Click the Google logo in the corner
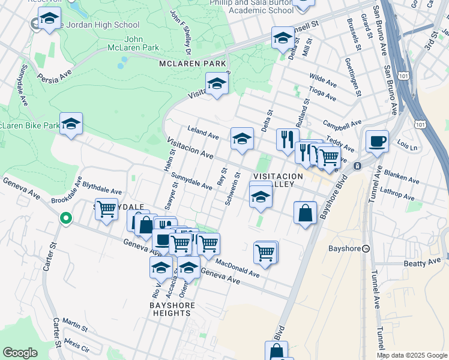(x=20, y=353)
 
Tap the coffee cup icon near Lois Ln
(x=376, y=142)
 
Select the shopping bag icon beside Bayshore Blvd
(x=306, y=212)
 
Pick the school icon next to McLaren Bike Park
(x=71, y=124)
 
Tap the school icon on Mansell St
(x=282, y=38)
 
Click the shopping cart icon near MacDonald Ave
(x=265, y=253)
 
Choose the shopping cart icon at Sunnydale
(x=106, y=209)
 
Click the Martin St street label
(x=74, y=325)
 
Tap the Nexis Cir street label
(x=76, y=346)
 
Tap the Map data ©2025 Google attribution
(x=411, y=355)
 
